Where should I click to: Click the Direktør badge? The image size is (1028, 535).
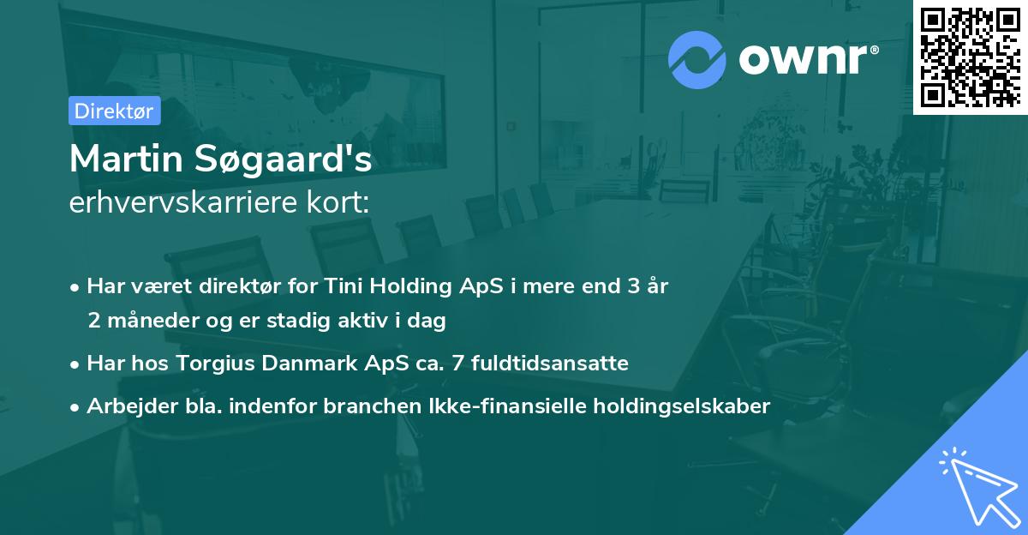(114, 111)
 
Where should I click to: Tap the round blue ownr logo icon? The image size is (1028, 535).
(696, 60)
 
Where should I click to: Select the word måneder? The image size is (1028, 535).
(146, 321)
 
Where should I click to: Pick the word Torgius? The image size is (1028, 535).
(215, 364)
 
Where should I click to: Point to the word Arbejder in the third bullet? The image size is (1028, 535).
(127, 406)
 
